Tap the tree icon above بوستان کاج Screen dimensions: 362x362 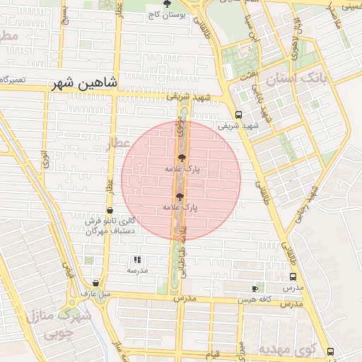[x=167, y=4]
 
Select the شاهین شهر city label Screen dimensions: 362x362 [x=85, y=84]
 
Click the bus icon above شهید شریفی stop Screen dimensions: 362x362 [x=239, y=115]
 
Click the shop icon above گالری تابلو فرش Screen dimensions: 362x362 [x=110, y=211]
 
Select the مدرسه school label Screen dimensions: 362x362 [x=137, y=271]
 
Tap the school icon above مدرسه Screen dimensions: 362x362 [x=137, y=260]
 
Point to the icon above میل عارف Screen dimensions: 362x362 [x=95, y=283]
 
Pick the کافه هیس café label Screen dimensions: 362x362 [x=255, y=300]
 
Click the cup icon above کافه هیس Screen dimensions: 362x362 [x=255, y=288]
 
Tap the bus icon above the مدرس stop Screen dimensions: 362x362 [x=293, y=277]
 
